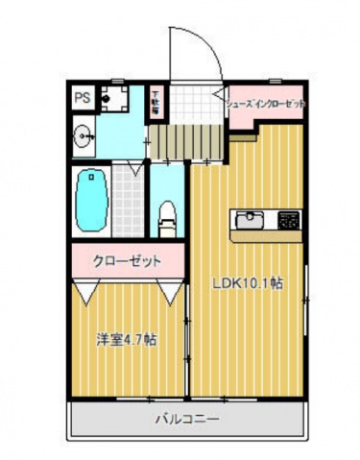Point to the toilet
point(166,213)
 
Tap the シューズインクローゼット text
point(266,102)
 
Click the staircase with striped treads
point(188,143)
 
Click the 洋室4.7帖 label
point(127,339)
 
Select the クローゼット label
point(126,260)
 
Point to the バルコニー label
point(187,420)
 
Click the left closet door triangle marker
point(86,289)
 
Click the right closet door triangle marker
point(171,289)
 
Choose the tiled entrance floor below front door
point(196,101)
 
